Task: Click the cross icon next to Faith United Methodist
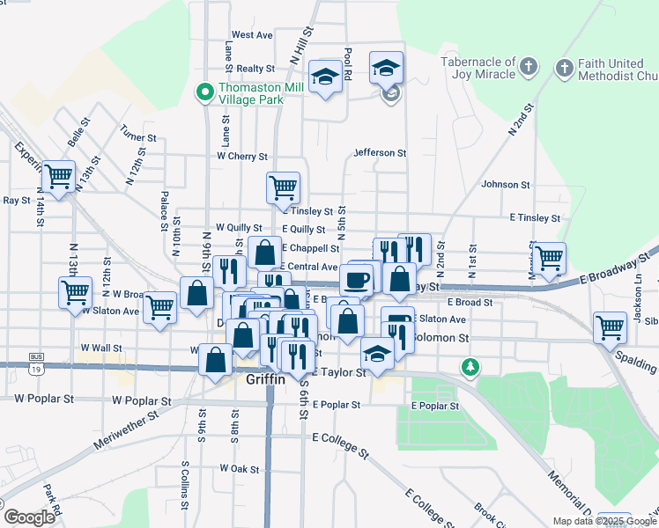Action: pos(564,67)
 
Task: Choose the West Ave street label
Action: pos(252,35)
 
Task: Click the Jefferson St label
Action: pos(380,152)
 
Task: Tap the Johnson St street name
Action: pos(505,185)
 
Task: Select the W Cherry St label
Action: pos(242,157)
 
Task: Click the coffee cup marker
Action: pos(356,281)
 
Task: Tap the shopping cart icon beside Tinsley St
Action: pos(284,187)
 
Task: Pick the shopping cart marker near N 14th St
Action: pos(58,177)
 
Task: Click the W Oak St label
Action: pos(240,468)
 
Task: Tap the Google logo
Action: pos(28,517)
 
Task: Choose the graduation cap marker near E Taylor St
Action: pos(378,353)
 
